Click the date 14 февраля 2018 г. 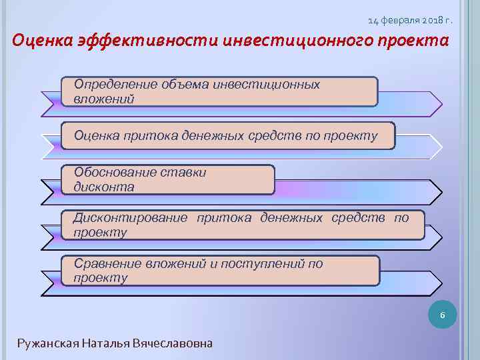click(x=409, y=21)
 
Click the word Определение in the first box click(x=115, y=85)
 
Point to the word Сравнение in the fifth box click(x=105, y=263)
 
